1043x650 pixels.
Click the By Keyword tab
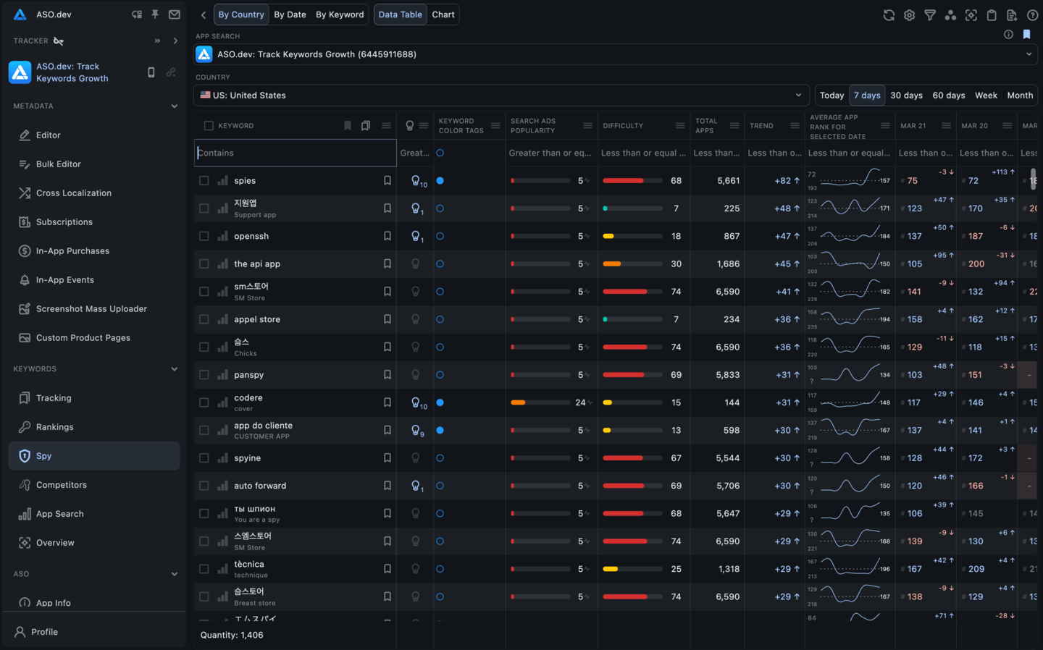[x=339, y=14]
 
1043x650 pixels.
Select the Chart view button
[x=443, y=14]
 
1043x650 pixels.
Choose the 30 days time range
[x=906, y=96]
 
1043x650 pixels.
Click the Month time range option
[x=1020, y=96]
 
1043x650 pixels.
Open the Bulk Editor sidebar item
[x=59, y=164]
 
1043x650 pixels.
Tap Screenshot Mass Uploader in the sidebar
[x=91, y=309]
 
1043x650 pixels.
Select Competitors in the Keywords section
[x=62, y=485]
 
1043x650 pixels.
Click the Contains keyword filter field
[x=296, y=153]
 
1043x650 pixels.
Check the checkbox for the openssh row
[x=204, y=236]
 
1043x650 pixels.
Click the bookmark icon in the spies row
[x=388, y=181]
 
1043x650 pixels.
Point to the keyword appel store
[x=257, y=319]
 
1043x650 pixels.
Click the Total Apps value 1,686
[x=728, y=264]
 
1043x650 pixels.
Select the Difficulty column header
[x=623, y=126]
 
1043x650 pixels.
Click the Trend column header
[x=761, y=126]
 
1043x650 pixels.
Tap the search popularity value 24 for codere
[x=580, y=402]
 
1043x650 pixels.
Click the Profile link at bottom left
[x=44, y=632]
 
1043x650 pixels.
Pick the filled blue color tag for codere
[x=440, y=402]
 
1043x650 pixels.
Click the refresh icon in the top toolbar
[x=889, y=15]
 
